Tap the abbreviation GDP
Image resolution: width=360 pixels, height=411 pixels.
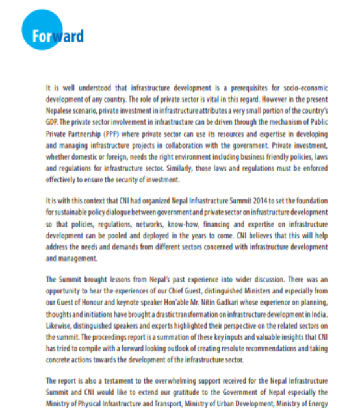coord(52,121)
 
